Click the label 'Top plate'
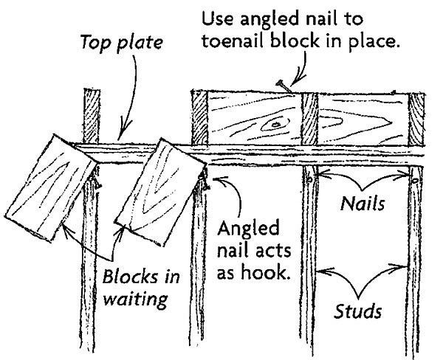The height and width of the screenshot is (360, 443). click(x=122, y=43)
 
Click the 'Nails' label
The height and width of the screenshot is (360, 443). click(x=363, y=204)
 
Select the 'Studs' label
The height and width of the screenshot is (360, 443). click(x=358, y=311)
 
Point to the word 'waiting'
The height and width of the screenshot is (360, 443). click(x=135, y=300)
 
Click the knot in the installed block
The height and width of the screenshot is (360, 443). click(x=275, y=124)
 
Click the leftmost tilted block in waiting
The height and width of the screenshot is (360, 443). click(x=51, y=188)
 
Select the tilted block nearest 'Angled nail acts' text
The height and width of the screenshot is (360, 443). click(x=161, y=192)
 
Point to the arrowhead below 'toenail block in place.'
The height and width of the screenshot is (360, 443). click(x=296, y=80)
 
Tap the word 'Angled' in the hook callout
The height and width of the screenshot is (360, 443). click(x=248, y=229)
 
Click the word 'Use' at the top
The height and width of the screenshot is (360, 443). click(x=218, y=19)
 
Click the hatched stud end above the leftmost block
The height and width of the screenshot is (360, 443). click(x=92, y=116)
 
